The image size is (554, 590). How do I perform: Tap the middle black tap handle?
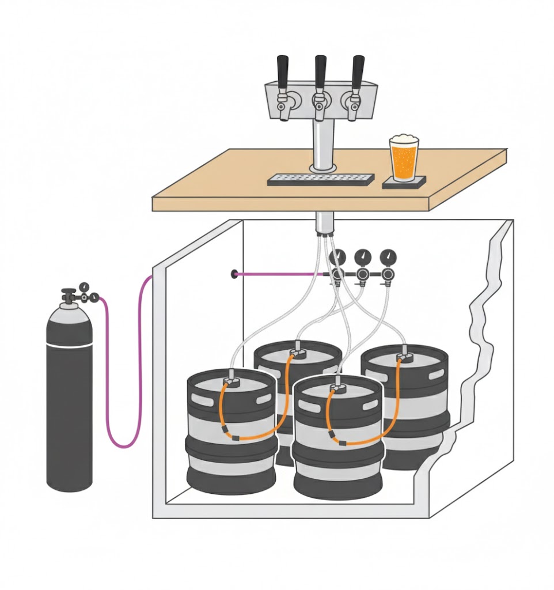tap(320, 70)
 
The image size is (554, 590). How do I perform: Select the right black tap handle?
tap(358, 70)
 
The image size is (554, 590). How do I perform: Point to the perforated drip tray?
tap(321, 179)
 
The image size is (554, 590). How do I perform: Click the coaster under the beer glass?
tap(404, 182)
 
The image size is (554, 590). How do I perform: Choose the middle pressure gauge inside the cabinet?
tap(363, 256)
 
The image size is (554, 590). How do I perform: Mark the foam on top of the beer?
tap(403, 139)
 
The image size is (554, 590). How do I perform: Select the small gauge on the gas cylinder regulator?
tap(85, 286)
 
